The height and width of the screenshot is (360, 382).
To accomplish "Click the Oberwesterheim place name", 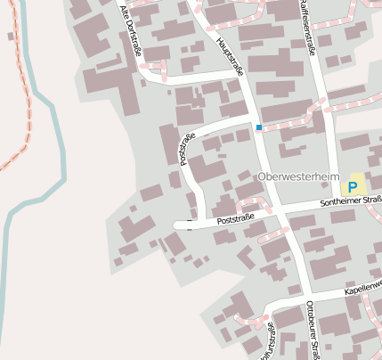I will click(299, 176).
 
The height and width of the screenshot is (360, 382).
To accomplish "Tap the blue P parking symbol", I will click(353, 187).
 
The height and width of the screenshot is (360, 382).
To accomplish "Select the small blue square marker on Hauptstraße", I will click(259, 127).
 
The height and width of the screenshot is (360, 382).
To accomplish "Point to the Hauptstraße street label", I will click(229, 57).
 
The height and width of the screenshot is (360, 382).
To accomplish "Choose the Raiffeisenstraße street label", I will click(307, 27).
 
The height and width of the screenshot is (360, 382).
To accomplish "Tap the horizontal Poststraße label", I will click(236, 217).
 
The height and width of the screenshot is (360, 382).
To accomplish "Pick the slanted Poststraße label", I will click(187, 149).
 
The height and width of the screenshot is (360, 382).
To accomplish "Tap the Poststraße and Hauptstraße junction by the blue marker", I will click(251, 116).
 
